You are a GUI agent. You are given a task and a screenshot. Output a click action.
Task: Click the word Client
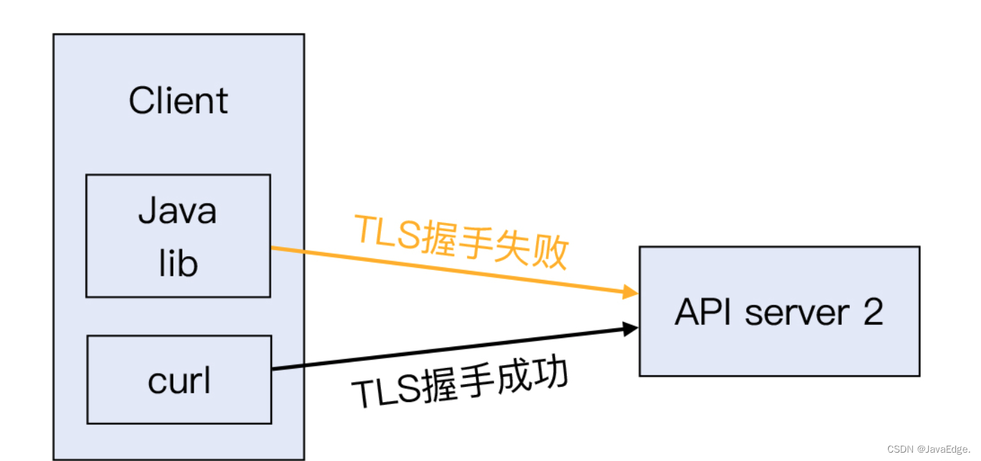178,101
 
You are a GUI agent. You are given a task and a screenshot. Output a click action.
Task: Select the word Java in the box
178,211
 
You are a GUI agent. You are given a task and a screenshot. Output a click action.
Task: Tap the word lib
178,264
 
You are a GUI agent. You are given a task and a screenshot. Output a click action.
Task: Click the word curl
179,380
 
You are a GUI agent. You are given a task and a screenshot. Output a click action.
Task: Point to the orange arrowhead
631,292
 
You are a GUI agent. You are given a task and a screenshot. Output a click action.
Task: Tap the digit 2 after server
873,313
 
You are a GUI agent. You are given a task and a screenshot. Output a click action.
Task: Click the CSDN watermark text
900,449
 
